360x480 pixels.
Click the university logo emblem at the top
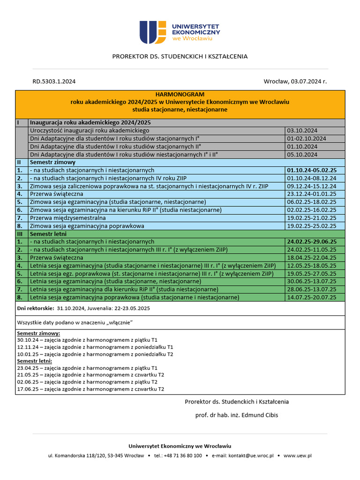(x=152, y=32)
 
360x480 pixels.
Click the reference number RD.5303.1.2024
(x=53, y=82)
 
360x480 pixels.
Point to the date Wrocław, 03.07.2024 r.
(x=295, y=82)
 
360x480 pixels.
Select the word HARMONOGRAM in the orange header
(x=180, y=94)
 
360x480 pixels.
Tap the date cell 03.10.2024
(x=302, y=130)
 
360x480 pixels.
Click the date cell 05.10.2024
(x=302, y=154)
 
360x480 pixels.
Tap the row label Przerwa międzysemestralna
(x=68, y=218)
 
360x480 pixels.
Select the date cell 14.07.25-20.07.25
(x=312, y=297)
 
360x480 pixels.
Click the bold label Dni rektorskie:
(x=35, y=308)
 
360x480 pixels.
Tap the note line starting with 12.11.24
(x=95, y=347)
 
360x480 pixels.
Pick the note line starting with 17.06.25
(x=90, y=389)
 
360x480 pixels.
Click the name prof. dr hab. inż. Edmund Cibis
(x=237, y=415)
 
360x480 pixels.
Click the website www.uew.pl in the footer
(x=298, y=455)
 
